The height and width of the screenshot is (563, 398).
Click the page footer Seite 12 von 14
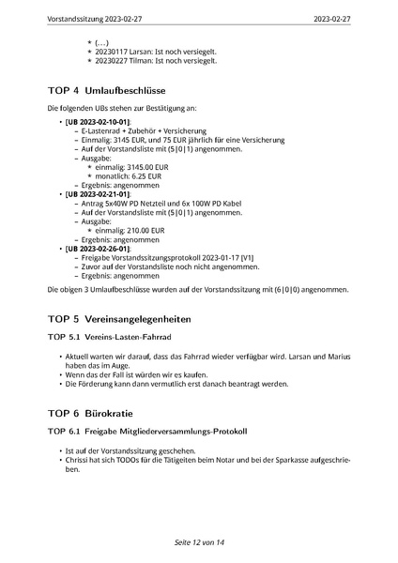[199, 543]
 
